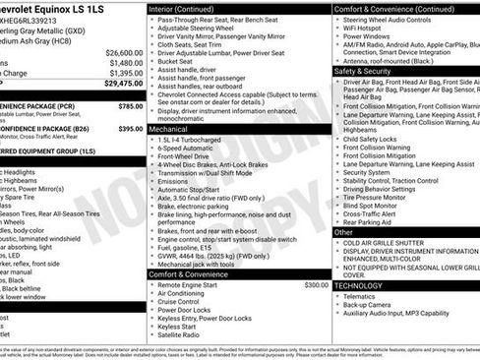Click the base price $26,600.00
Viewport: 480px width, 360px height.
pos(124,52)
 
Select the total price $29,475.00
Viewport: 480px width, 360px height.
pos(124,84)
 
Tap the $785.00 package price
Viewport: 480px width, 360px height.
pos(130,105)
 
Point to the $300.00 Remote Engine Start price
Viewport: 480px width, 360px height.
pos(316,284)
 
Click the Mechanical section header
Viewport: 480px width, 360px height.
pos(168,129)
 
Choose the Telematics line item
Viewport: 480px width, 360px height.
pos(360,295)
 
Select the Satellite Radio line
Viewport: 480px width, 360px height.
pos(183,334)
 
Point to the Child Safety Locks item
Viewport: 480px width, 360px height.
pos(371,140)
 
